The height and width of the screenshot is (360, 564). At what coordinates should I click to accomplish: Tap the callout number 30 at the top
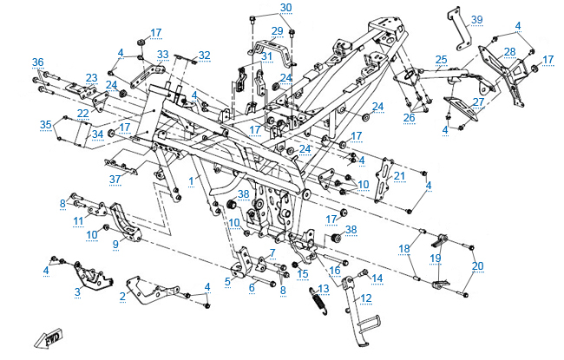point(285,8)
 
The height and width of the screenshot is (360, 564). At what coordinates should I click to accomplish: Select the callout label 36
point(37,62)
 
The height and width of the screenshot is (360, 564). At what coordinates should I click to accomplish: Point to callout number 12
point(366,298)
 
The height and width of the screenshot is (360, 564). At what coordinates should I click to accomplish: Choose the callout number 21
point(399,177)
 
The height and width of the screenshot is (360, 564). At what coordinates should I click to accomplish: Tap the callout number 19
point(436,259)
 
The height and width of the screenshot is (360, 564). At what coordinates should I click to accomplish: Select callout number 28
point(509,52)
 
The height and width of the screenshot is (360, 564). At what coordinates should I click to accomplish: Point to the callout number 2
point(123,296)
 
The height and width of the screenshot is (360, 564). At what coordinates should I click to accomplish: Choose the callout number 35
point(45,124)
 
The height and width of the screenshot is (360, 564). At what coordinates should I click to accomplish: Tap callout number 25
point(441,60)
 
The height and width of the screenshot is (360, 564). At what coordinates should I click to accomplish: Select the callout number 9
point(115,245)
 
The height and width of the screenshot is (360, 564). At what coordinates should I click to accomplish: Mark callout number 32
point(204,55)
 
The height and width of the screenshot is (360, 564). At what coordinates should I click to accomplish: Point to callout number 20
point(477,265)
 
